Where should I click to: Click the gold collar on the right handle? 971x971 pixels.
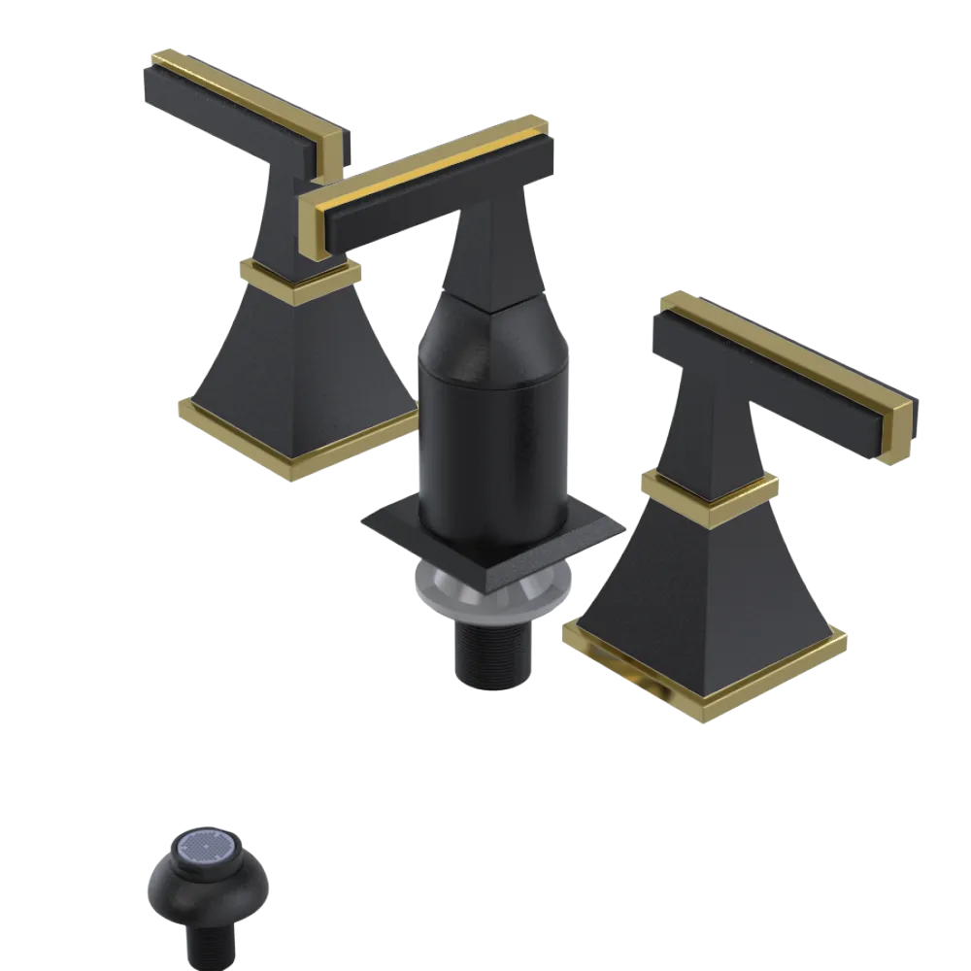(709, 495)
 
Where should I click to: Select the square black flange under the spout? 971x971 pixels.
(408, 529)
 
